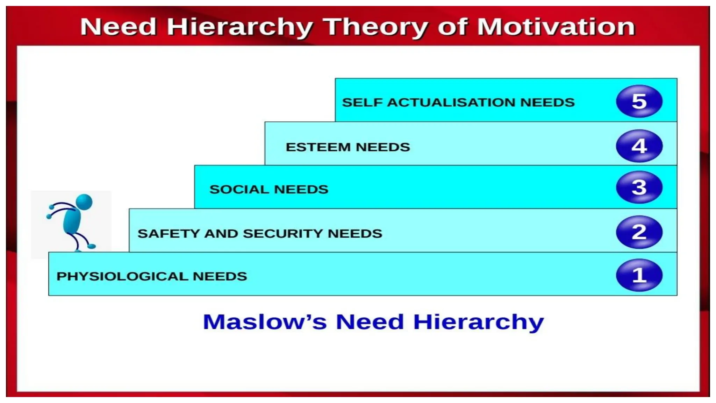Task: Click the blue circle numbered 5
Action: [639, 101]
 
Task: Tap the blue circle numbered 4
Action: [639, 146]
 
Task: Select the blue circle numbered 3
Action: [639, 187]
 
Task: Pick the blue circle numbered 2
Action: [639, 232]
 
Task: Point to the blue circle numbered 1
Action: [639, 275]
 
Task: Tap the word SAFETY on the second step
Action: [169, 233]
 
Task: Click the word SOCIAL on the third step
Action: [239, 189]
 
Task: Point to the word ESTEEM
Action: [318, 147]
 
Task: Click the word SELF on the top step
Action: [362, 102]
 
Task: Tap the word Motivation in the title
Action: [556, 27]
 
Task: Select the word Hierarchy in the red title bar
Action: [240, 27]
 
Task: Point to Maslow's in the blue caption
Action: [265, 321]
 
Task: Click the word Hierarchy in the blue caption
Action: [478, 322]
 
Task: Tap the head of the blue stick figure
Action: [84, 202]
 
